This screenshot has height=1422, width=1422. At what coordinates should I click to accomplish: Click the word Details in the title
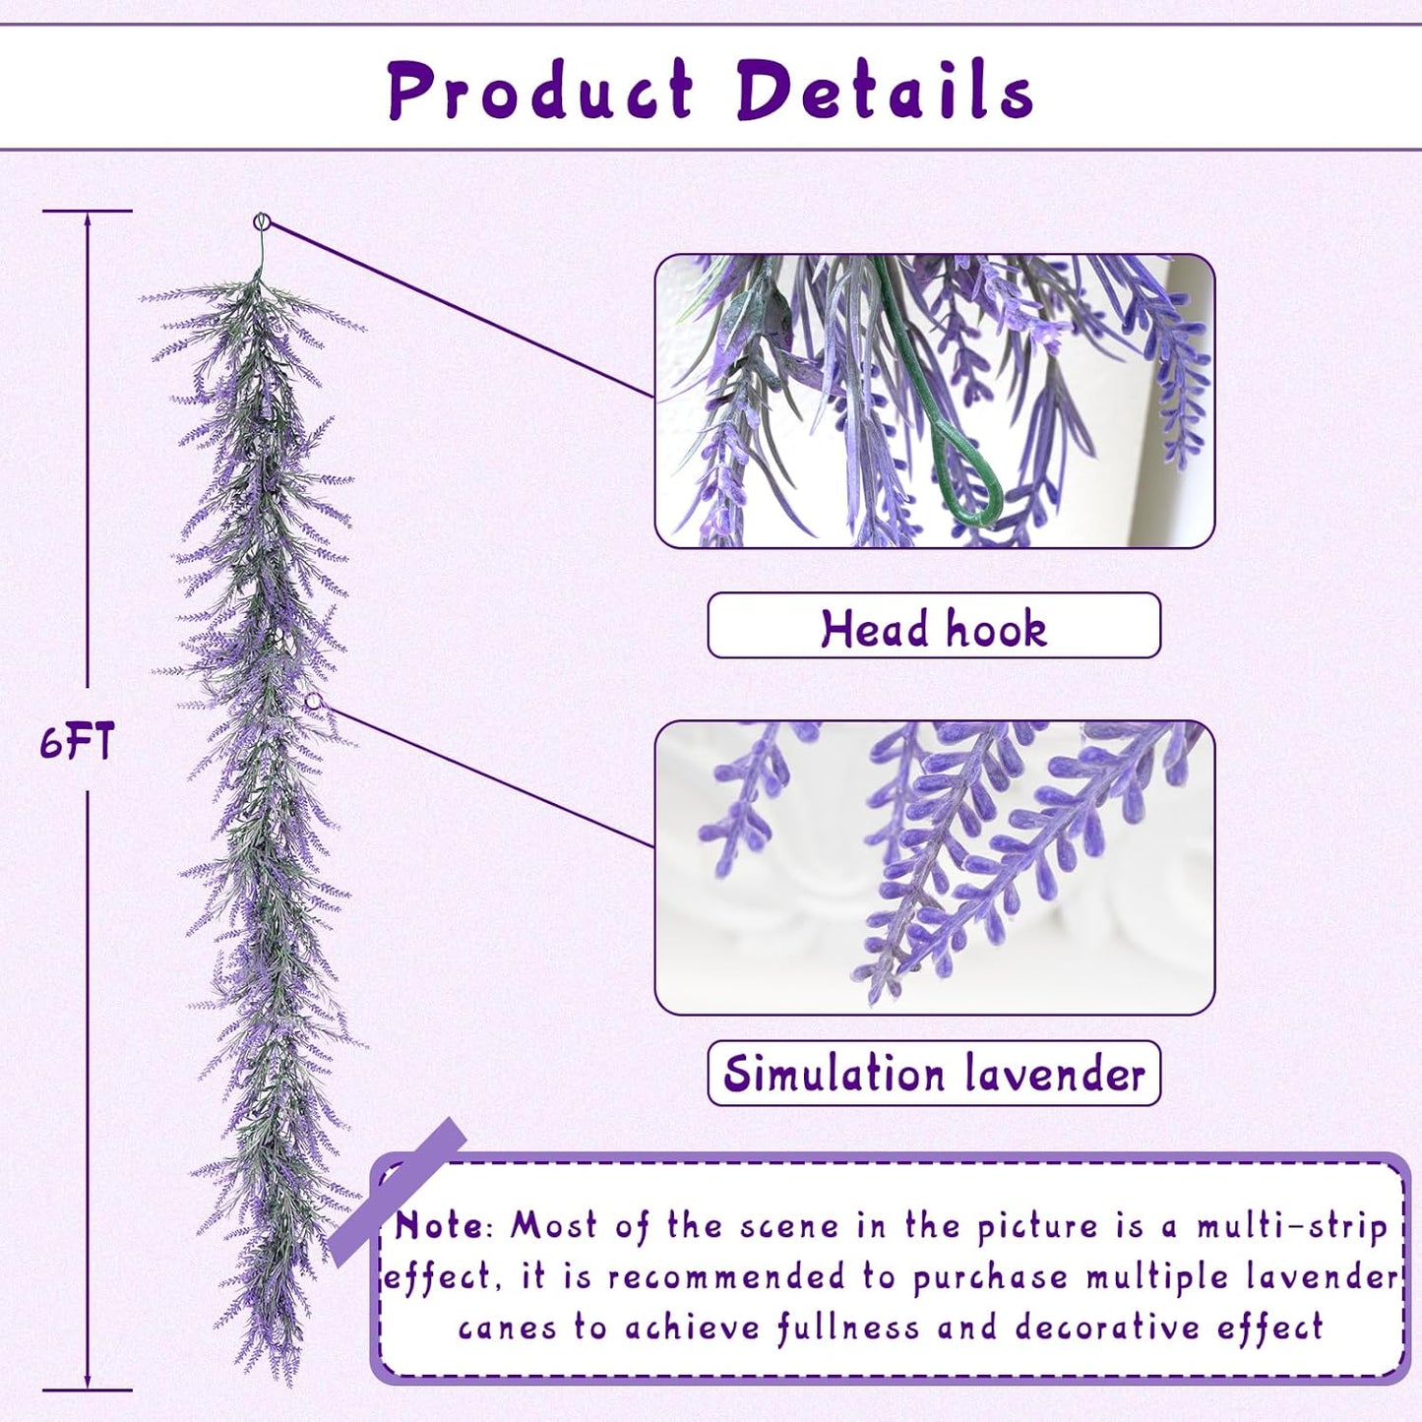pos(884,91)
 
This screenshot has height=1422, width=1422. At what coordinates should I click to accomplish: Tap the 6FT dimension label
pos(77,741)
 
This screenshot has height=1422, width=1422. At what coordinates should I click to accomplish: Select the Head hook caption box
pos(933,626)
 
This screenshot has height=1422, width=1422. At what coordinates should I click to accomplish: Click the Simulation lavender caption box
pos(933,1074)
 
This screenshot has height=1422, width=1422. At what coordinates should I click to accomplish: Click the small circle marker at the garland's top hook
pos(262,221)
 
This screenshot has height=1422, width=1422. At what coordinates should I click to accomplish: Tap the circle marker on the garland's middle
pos(314,702)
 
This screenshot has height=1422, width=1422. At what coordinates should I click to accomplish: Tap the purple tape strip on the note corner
pos(398,1191)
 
